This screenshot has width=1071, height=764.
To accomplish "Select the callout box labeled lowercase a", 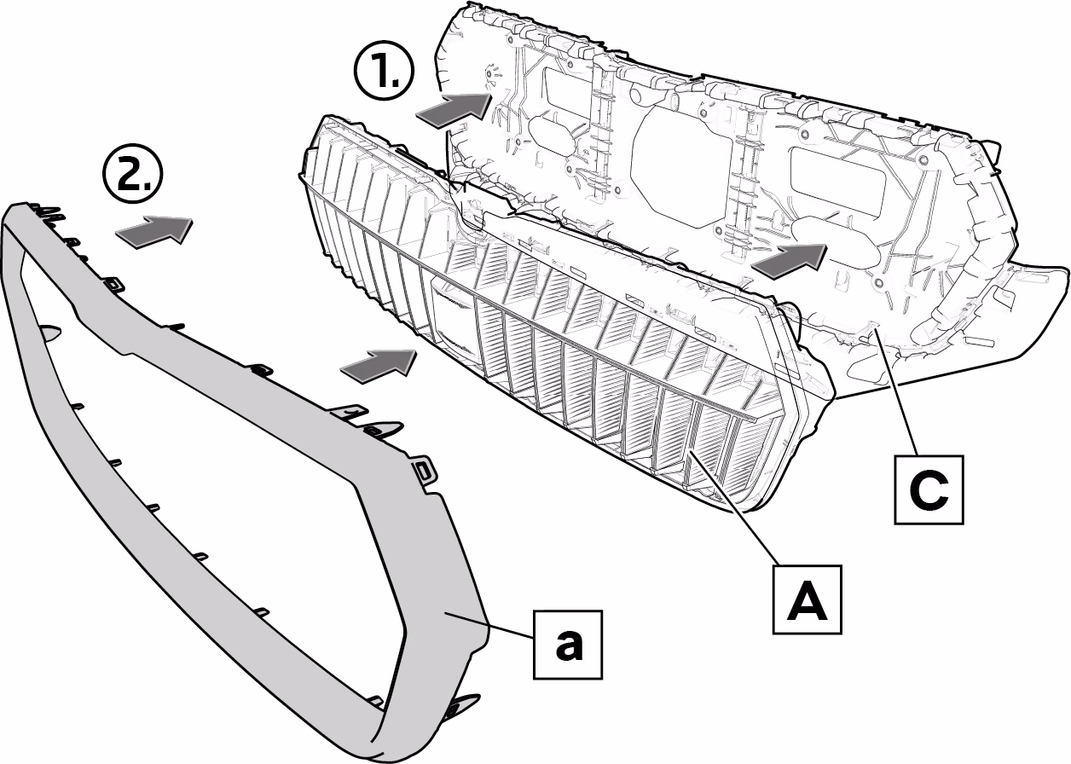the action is pyautogui.click(x=568, y=645).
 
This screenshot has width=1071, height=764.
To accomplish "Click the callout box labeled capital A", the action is pyautogui.click(x=808, y=599).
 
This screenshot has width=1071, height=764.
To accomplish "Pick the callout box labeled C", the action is pyautogui.click(x=929, y=490).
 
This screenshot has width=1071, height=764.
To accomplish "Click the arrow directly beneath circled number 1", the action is pyautogui.click(x=454, y=111).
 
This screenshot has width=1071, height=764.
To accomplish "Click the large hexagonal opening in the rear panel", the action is pyautogui.click(x=680, y=165).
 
